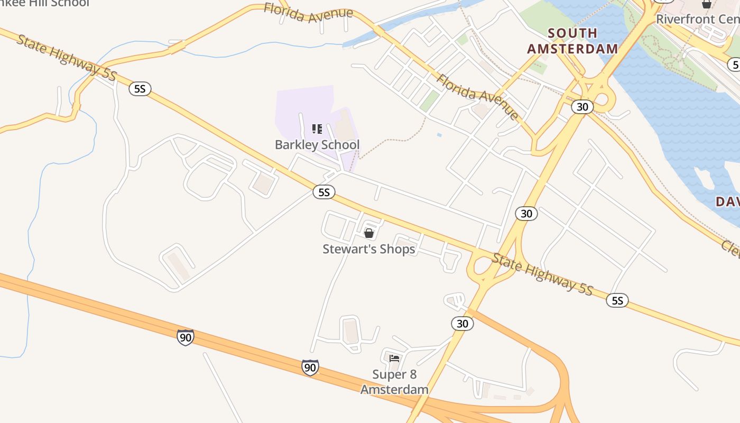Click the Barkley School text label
[317, 145]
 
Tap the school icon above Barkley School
[317, 129]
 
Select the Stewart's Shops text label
[369, 249]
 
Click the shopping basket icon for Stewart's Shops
[369, 233]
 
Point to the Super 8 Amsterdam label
[394, 382]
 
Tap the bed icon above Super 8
[394, 358]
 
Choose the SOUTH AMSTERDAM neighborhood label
[572, 41]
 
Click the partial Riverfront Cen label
[697, 20]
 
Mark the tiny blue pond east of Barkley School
[439, 135]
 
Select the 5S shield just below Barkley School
[324, 192]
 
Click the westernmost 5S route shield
[140, 89]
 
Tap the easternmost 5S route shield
[617, 301]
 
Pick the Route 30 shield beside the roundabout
[582, 107]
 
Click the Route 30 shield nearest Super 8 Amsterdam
[462, 324]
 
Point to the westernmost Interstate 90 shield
[185, 337]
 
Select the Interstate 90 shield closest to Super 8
[310, 367]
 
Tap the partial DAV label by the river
[728, 201]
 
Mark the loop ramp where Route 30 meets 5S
[482, 268]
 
